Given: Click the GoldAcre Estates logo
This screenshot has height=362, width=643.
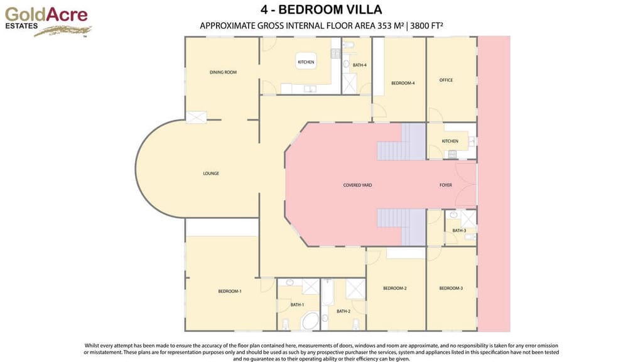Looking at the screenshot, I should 48,20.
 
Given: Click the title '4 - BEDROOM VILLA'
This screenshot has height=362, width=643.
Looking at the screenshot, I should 321,9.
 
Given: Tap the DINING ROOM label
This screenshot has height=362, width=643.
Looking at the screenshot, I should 223,72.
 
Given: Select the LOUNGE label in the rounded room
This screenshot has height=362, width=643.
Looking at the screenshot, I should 211,173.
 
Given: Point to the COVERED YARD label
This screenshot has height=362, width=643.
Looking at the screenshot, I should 357,185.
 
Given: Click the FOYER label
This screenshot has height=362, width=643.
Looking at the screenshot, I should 445,185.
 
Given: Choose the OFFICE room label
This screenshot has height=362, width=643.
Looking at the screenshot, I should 446,80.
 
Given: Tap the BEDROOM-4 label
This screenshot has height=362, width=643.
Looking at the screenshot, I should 403,83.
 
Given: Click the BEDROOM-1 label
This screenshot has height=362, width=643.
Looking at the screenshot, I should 230,291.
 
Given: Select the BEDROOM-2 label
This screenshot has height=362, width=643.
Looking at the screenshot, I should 395,288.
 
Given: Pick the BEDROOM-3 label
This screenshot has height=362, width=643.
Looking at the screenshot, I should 451,288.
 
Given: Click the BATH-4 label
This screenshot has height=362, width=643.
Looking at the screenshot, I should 359,65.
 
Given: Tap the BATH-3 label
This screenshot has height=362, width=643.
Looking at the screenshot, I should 459,231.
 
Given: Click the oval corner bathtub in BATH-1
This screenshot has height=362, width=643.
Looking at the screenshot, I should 310,322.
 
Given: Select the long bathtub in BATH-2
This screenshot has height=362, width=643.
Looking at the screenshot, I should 327,303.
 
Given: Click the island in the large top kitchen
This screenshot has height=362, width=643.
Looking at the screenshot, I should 306,62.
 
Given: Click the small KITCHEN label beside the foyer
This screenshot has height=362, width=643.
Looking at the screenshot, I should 450,141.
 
